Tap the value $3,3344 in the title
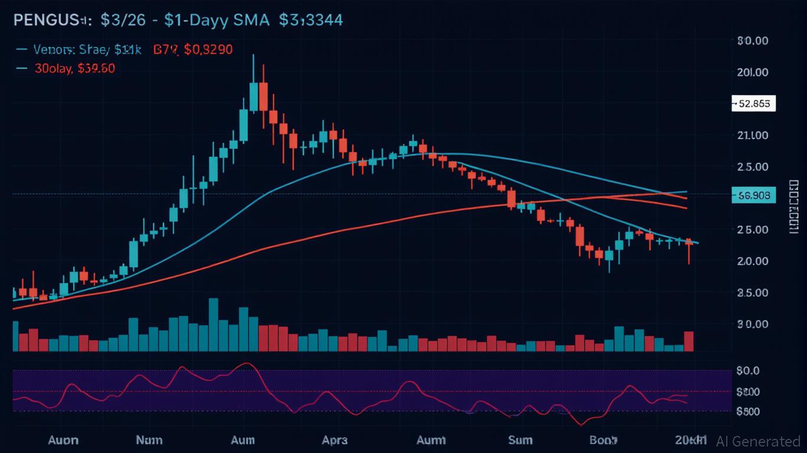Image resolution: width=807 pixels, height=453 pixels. coord(311,20)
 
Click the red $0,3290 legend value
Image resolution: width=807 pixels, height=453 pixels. coord(208,50)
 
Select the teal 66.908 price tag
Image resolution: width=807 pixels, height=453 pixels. coord(753,195)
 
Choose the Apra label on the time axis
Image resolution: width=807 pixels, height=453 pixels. coord(334,440)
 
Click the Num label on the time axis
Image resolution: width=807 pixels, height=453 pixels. coord(149,440)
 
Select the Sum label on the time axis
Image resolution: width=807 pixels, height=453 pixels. coord(520,440)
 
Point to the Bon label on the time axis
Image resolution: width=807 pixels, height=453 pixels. coord(603,440)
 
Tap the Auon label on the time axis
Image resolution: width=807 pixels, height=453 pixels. coord(63,440)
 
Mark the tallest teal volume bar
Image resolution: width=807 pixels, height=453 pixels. coord(213,324)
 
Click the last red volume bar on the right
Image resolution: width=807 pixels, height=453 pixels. coord(688,342)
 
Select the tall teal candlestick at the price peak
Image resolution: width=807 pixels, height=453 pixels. coord(253,97)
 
